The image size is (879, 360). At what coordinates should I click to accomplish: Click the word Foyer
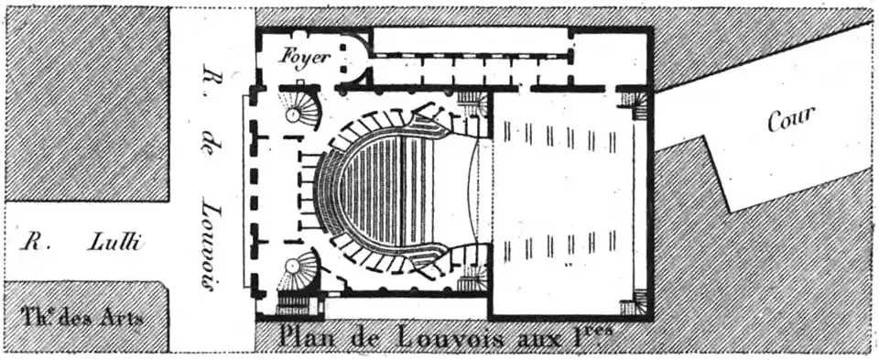305,54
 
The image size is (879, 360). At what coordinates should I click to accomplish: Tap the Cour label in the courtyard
791,118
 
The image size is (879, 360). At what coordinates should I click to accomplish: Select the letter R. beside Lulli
34,244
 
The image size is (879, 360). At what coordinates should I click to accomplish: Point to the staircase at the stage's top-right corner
634,102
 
